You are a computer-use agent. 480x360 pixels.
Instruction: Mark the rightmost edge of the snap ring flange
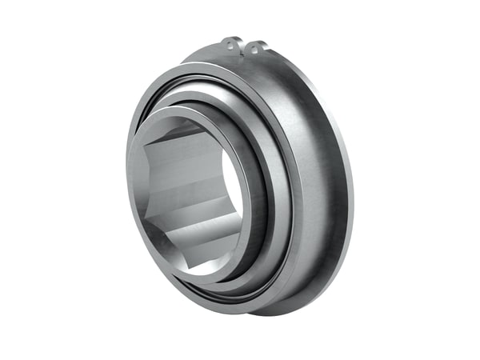pos(351,192)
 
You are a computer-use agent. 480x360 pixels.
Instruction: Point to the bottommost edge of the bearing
pos(280,314)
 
